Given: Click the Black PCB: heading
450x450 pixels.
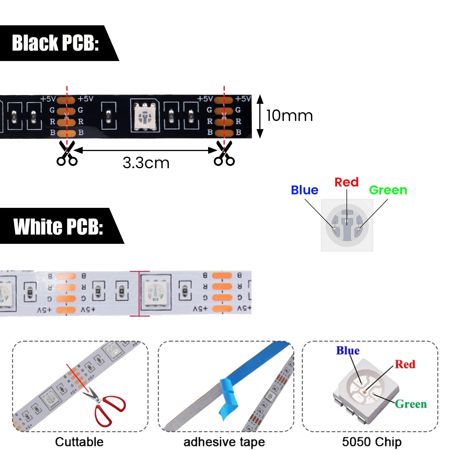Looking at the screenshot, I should pyautogui.click(x=55, y=43).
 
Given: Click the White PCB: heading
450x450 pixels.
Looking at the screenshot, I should pyautogui.click(x=58, y=226).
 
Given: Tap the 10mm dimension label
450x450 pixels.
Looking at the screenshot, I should pyautogui.click(x=289, y=116).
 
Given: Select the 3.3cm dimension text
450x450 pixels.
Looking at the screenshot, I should pyautogui.click(x=146, y=163).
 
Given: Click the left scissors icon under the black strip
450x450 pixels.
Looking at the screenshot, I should pyautogui.click(x=67, y=154).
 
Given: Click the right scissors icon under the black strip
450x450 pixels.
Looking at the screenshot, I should pyautogui.click(x=224, y=154).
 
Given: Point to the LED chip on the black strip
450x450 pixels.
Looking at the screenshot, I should pyautogui.click(x=145, y=116).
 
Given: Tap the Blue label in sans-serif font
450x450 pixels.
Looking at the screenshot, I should pyautogui.click(x=304, y=190).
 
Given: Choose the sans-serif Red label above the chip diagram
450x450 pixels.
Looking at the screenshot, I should pyautogui.click(x=346, y=182).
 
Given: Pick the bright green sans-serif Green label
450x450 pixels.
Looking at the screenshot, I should pyautogui.click(x=388, y=190).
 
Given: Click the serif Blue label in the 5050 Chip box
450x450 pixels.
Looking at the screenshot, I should pyautogui.click(x=348, y=351).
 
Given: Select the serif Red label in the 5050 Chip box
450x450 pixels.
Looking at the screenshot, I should pyautogui.click(x=405, y=364).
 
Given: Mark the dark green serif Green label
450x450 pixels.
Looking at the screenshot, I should pyautogui.click(x=411, y=404).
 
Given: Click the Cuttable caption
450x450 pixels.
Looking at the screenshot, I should pyautogui.click(x=79, y=442).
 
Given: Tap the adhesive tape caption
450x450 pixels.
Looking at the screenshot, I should pyautogui.click(x=224, y=442).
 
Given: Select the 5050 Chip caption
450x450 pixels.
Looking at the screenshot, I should pyautogui.click(x=372, y=442).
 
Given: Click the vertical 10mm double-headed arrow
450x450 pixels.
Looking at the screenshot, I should pyautogui.click(x=260, y=116).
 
